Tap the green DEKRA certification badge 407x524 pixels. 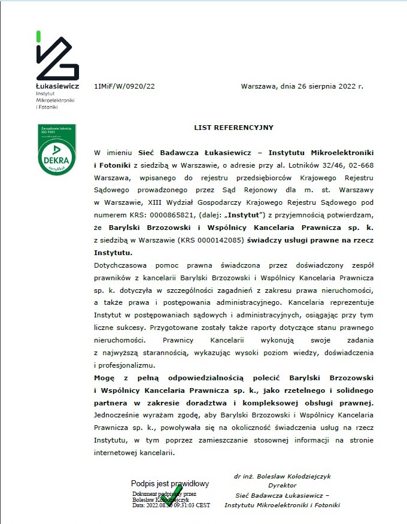tap(57, 150)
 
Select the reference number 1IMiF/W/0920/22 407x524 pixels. tap(124, 86)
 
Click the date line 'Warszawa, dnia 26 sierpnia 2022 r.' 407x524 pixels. tap(302, 86)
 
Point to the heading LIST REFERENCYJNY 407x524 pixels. tap(233, 128)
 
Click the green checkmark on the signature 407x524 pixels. tap(172, 495)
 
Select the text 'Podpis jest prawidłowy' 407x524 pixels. tap(170, 483)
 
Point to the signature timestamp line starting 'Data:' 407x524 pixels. tap(171, 505)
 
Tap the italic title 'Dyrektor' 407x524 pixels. tap(283, 486)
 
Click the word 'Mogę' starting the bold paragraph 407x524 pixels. tap(106, 377)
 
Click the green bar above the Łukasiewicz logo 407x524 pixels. tap(39, 36)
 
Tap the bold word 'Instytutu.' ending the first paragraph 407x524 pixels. tap(113, 253)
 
